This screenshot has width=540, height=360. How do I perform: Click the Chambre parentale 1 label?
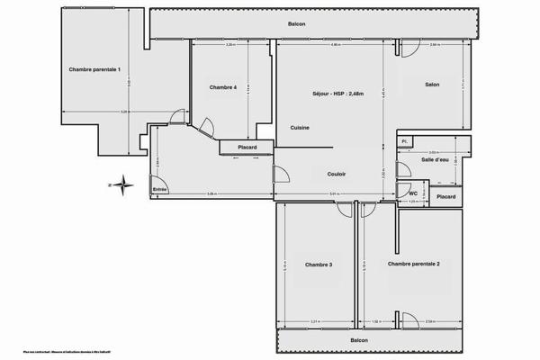click(94, 69)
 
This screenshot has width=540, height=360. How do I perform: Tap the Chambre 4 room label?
click(223, 87)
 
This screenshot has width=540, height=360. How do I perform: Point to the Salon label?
click(432, 85)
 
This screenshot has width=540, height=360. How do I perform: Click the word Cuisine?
click(300, 128)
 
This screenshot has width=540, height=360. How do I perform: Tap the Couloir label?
click(337, 174)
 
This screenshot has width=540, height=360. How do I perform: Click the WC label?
click(412, 193)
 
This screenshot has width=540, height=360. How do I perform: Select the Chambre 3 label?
click(319, 265)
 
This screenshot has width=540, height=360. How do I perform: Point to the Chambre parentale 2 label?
click(413, 264)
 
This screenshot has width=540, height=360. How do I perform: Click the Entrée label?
click(159, 189)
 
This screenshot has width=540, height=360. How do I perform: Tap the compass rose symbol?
click(125, 185)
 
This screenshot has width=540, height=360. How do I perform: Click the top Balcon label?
click(297, 24)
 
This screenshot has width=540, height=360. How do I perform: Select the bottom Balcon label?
click(359, 340)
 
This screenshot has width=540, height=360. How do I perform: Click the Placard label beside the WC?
click(445, 196)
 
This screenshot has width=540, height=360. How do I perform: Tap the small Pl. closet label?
click(405, 141)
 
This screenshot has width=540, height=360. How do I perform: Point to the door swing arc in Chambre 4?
click(207, 126)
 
